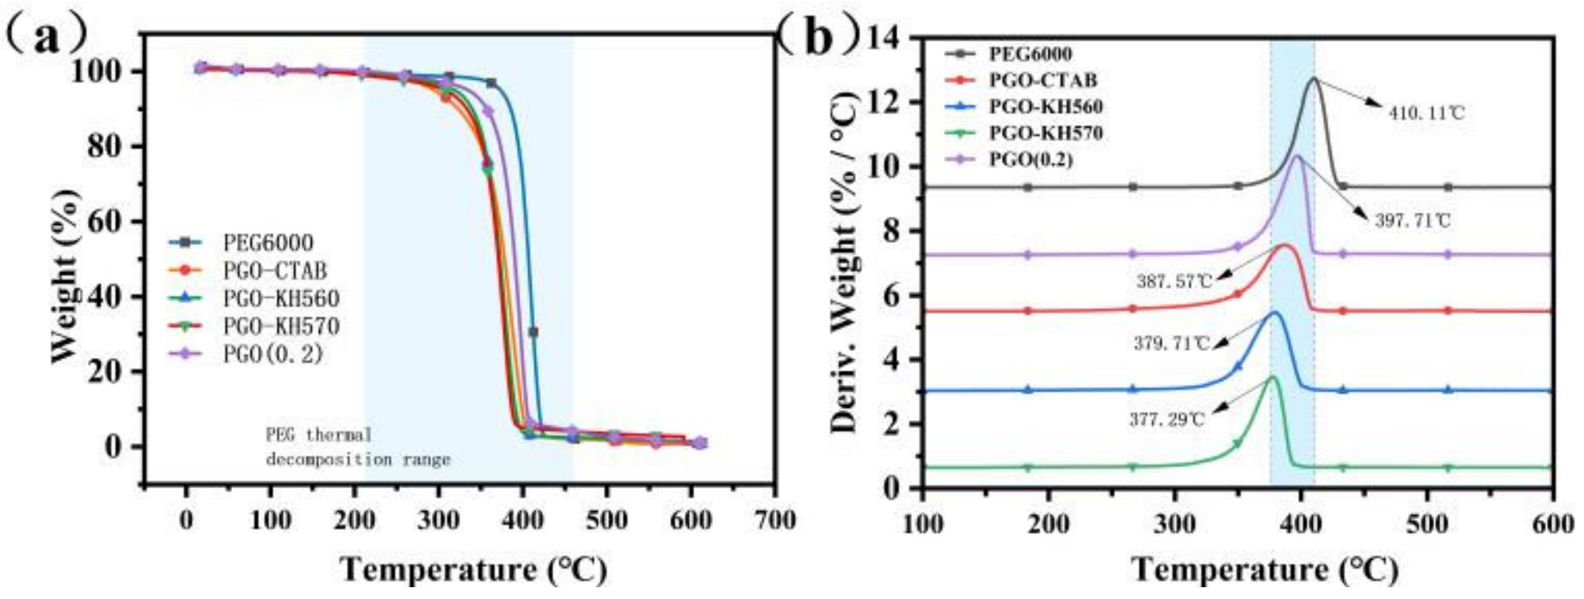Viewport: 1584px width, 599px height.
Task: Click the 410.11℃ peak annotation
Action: click(1426, 114)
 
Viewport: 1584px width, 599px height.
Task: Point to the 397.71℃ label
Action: click(1413, 221)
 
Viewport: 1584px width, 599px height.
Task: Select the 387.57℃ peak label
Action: click(1174, 281)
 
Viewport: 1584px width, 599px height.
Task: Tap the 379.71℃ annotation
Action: click(1172, 343)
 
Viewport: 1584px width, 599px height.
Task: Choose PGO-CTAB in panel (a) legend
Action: click(275, 270)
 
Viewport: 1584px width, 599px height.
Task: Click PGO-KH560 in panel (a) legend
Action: click(281, 298)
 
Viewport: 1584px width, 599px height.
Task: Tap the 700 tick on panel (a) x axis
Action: click(773, 521)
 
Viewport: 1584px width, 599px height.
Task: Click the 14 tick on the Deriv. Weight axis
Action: click(890, 39)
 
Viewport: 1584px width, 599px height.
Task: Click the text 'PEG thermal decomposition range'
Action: click(357, 447)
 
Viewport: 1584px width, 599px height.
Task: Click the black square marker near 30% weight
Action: click(532, 332)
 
